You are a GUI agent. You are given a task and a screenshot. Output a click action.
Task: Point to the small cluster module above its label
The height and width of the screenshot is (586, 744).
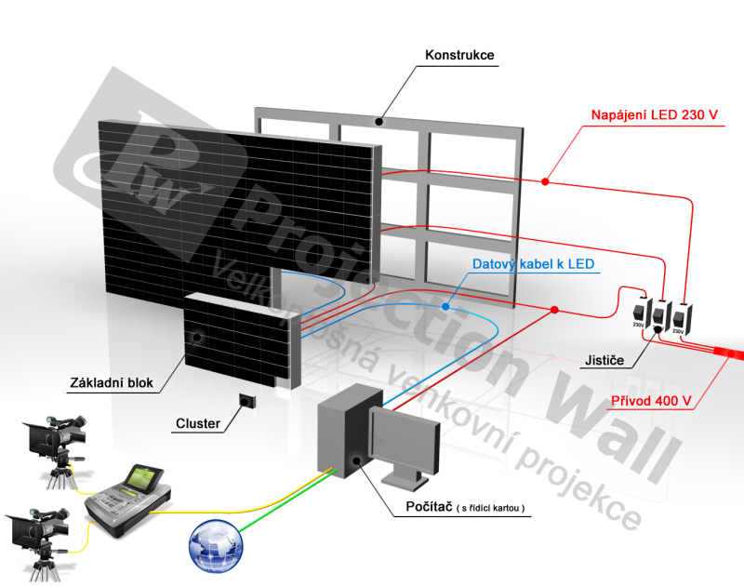(247, 400)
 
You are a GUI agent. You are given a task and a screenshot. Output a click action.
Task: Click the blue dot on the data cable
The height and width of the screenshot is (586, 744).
(447, 306)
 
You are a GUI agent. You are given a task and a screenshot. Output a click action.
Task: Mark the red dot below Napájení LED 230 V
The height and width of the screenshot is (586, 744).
(548, 180)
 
